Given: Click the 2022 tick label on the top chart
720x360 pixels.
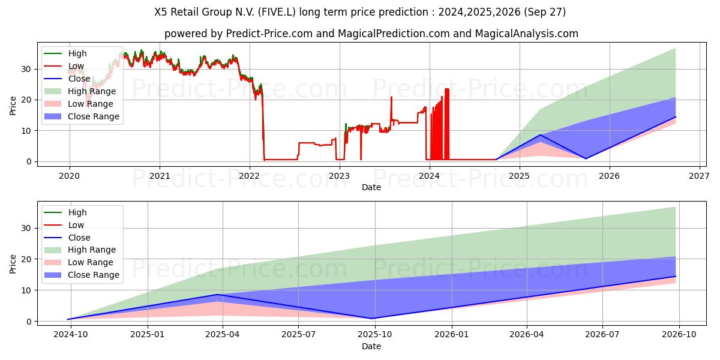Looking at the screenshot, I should coord(249,175).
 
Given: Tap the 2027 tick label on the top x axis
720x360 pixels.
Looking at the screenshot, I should coord(700,175).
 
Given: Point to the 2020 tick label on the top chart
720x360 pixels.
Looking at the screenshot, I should coord(69,175).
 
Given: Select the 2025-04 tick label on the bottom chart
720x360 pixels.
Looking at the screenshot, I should coord(223,334).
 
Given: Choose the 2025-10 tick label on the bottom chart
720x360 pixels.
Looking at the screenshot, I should coord(375,334).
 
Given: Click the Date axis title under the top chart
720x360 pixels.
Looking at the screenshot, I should coord(371,187).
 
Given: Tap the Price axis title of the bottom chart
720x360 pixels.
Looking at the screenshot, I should coord(13,263).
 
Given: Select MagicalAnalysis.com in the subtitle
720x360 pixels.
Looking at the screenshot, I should coord(526,34).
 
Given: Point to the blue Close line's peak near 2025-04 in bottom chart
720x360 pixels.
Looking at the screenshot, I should coord(217,295).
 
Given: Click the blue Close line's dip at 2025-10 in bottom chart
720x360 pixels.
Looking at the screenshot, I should coord(373,318).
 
